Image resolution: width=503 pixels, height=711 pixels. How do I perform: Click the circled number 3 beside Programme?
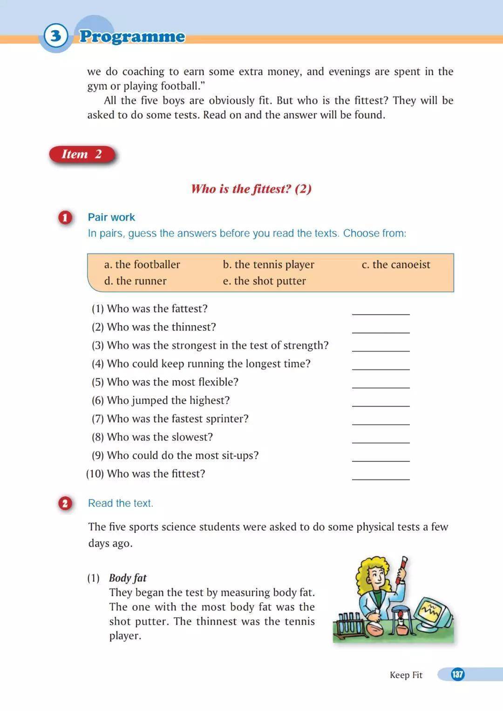tap(56, 35)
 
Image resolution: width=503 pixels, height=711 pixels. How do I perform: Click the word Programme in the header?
tap(132, 36)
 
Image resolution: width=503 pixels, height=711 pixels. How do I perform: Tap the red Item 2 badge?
tap(82, 154)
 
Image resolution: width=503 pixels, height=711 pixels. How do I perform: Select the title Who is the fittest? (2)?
tap(251, 189)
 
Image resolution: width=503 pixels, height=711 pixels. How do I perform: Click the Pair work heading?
tap(111, 217)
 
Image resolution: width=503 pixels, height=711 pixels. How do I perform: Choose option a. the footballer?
tap(142, 265)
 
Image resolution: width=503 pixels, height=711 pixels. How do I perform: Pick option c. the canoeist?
tap(396, 265)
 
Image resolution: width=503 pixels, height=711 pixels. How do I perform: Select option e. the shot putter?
tap(264, 281)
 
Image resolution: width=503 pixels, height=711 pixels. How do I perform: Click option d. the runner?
tap(135, 281)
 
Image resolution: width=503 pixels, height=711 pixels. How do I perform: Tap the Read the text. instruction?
tap(121, 503)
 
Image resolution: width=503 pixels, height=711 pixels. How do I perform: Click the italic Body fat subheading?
tap(128, 578)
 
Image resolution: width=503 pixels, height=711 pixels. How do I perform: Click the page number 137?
tap(457, 674)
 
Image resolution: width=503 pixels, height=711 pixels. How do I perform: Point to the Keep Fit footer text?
tap(406, 675)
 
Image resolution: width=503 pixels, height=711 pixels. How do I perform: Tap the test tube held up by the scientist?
tap(401, 570)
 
